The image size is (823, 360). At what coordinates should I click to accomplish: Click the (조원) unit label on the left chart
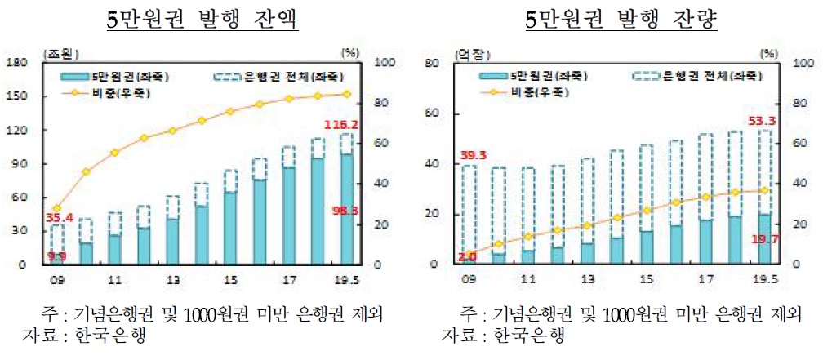(59, 54)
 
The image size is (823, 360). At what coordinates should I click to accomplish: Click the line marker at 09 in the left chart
(56, 208)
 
